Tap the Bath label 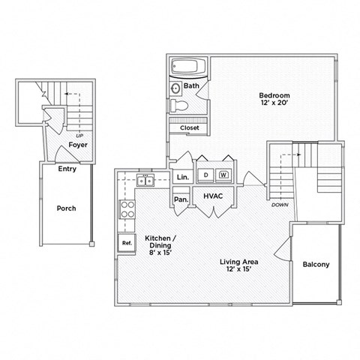[191, 86]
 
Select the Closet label [189, 128]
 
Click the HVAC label [212, 196]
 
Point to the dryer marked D [205, 175]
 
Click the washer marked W [223, 175]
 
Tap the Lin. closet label [181, 177]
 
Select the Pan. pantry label [181, 199]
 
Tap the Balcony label [316, 265]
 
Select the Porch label [67, 208]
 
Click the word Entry [67, 169]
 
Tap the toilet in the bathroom [177, 105]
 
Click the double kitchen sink [145, 181]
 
